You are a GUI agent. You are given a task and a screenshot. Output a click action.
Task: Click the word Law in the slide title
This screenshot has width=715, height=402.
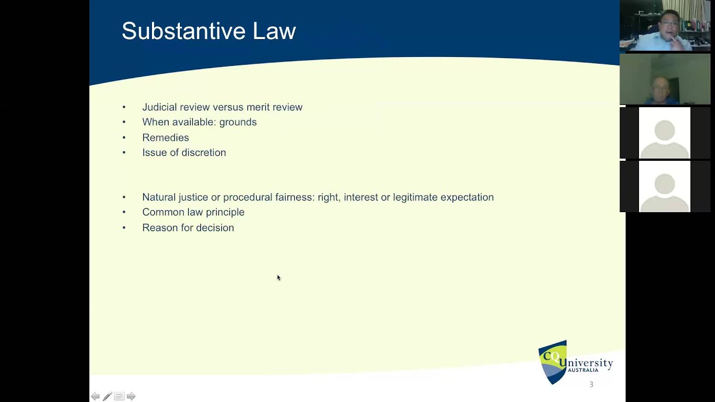point(274,31)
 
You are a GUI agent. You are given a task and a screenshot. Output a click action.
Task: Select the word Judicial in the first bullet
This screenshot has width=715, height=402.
point(160,107)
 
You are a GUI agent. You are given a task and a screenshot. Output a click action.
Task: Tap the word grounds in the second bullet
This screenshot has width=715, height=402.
point(238,122)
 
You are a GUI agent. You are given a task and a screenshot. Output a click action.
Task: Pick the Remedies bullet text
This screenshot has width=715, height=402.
point(165,137)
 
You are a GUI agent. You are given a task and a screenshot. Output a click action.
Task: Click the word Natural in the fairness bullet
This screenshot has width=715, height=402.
point(159,197)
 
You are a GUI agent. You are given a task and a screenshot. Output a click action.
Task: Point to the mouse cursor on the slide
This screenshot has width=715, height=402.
point(278,277)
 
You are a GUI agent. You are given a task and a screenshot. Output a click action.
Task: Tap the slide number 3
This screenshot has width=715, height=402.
point(591,384)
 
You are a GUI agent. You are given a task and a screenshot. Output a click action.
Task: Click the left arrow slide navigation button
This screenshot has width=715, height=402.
point(96,396)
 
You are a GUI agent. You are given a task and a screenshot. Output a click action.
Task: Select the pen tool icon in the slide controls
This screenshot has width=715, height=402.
point(107,396)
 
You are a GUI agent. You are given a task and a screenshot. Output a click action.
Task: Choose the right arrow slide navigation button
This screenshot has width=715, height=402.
point(131,396)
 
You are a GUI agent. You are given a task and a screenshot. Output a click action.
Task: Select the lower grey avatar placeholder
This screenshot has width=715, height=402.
point(664,186)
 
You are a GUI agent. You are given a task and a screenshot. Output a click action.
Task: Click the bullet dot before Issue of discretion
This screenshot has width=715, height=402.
point(124,153)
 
